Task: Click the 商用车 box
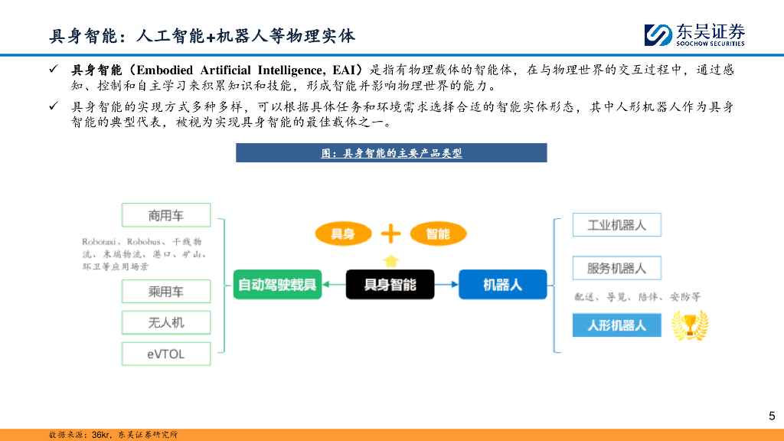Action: [166, 214]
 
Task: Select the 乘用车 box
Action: [166, 291]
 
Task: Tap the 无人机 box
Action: [166, 322]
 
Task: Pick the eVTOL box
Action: [166, 353]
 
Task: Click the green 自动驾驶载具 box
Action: [276, 284]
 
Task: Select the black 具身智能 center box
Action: [390, 284]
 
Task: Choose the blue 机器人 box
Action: [502, 284]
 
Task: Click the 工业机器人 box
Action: [616, 225]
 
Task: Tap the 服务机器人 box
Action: [616, 268]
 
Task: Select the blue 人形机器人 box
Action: [616, 325]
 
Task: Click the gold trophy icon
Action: [689, 326]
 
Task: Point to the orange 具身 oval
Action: [342, 234]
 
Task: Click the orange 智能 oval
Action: [438, 234]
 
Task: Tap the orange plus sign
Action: [390, 233]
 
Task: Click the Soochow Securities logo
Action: [694, 34]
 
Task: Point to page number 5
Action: [771, 416]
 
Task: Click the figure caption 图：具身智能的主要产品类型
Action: [391, 153]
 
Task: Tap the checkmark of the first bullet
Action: [54, 70]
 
